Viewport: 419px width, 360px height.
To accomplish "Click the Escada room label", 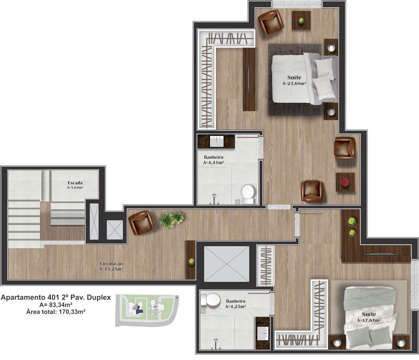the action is (x=75, y=183).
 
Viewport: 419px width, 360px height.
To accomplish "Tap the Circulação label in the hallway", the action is (x=111, y=264).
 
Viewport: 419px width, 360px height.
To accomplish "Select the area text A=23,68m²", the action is (x=294, y=83).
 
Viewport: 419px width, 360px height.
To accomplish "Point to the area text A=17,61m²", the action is (x=369, y=320).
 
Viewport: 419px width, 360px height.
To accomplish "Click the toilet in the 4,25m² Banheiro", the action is (x=210, y=299).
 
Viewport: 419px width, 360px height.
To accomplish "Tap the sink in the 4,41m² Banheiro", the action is (x=216, y=141).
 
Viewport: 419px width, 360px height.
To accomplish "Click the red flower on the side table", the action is (x=345, y=182).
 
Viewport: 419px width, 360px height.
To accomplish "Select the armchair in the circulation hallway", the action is (x=142, y=223).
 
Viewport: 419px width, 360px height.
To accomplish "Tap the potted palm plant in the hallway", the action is (x=171, y=220).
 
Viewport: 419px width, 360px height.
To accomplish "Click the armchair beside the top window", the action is (x=271, y=22).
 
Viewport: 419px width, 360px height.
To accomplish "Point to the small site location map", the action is (x=147, y=310).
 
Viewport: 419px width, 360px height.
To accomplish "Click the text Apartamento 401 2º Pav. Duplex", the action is (x=56, y=298).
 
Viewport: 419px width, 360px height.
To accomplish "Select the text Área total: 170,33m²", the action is (x=56, y=311).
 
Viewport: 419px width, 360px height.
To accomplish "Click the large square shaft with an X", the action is (x=226, y=264).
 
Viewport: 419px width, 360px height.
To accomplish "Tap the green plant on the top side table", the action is (x=301, y=20).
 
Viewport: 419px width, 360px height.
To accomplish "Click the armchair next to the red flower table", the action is (x=345, y=148).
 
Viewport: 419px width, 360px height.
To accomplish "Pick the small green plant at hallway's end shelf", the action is (x=191, y=261).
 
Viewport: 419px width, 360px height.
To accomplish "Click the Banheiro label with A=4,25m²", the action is (x=236, y=304).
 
